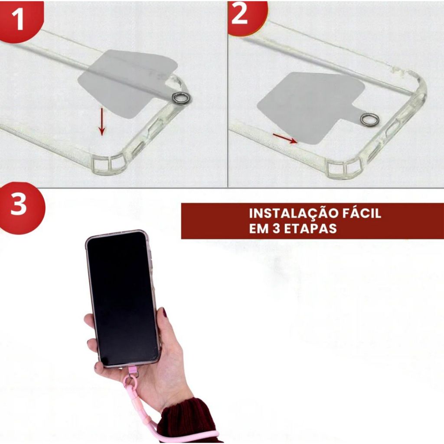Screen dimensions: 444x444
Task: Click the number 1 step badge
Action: [x=18, y=20]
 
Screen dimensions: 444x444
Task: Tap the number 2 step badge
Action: [x=244, y=16]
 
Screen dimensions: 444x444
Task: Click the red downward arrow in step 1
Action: [x=101, y=121]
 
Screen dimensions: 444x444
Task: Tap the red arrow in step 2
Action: [x=285, y=138]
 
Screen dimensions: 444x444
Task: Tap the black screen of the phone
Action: [x=123, y=298]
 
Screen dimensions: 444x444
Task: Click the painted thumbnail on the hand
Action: [x=164, y=312]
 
